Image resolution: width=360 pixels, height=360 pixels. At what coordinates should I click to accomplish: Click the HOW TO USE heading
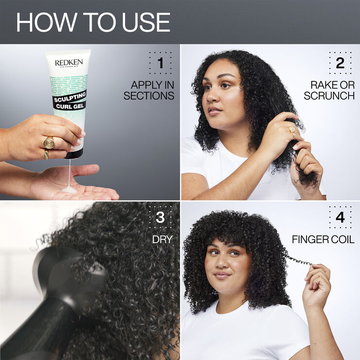pos(93,22)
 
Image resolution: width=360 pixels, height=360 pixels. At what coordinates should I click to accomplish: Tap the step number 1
pos(160,63)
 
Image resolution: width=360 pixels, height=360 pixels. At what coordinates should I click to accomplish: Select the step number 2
pos(340,63)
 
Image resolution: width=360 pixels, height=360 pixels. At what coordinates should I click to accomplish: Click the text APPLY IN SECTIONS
pos(149,90)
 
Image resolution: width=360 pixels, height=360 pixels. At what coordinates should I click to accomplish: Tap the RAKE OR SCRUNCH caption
pos(329,90)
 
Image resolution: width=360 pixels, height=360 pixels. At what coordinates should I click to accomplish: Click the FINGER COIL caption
pos(323,240)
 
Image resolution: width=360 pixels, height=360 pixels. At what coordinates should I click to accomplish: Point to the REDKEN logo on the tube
pos(69,63)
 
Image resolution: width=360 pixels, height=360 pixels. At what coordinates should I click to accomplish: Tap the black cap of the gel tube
pos(73,154)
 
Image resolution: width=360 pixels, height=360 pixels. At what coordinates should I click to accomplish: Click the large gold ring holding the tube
pos(49,143)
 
